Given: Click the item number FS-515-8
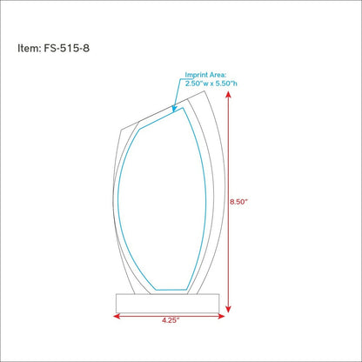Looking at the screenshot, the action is click(67, 48).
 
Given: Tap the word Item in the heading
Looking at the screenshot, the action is click(29, 48).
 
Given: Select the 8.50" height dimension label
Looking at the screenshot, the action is click(239, 202).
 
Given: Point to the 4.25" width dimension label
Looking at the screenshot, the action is click(171, 320).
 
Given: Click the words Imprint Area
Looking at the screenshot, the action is click(205, 75).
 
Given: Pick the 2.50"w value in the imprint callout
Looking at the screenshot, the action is click(197, 84).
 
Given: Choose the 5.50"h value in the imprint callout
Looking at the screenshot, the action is click(225, 84).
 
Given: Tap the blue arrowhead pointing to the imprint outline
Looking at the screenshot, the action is click(174, 109).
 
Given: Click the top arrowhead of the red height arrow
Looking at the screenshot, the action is click(229, 94).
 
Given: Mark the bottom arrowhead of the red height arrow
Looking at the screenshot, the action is click(229, 309).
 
